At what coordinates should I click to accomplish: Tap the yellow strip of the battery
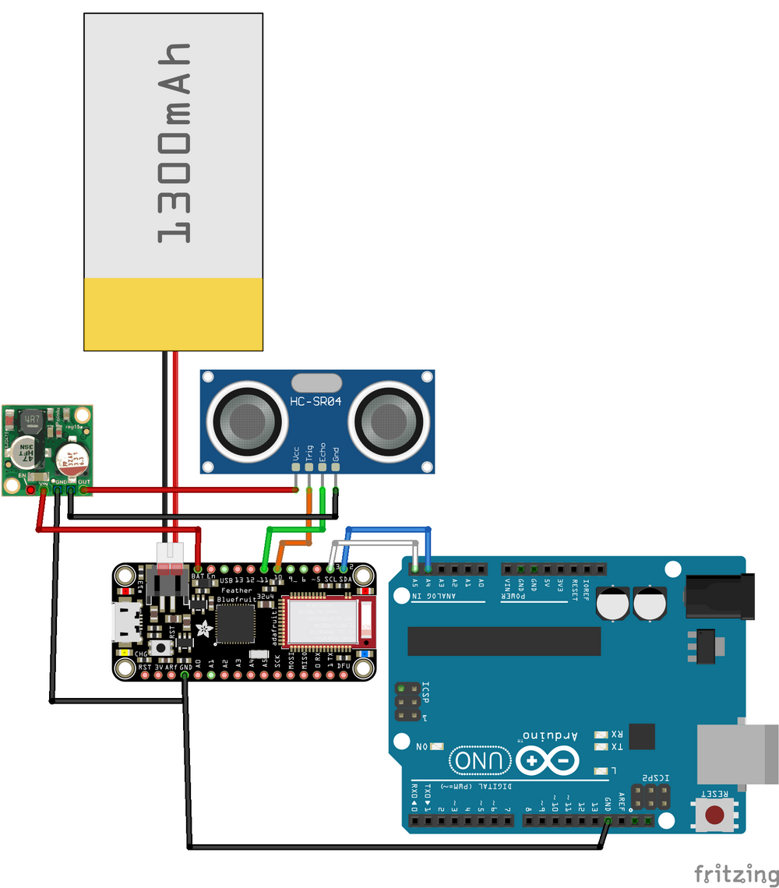point(172,314)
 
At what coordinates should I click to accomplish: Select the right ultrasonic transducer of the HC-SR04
point(387,421)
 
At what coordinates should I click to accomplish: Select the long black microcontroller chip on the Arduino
point(504,641)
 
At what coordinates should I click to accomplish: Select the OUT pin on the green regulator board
point(83,489)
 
